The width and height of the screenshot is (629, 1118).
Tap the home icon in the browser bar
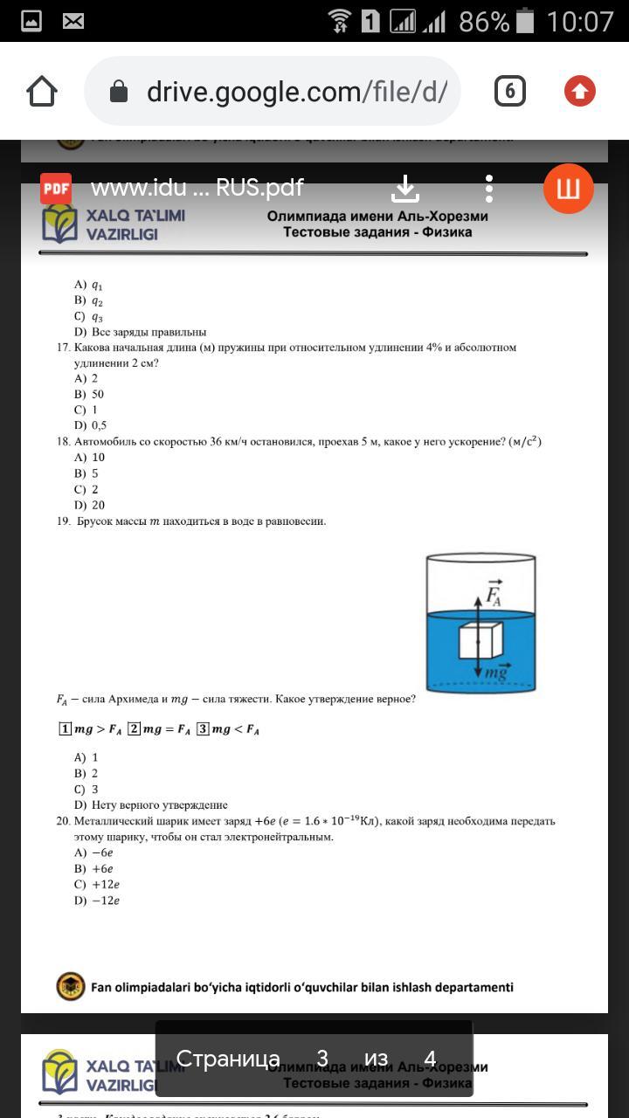coord(42,92)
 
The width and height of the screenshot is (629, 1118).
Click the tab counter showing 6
coord(510,91)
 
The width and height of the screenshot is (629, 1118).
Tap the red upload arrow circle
coord(579,91)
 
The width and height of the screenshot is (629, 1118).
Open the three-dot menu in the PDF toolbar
coord(489,189)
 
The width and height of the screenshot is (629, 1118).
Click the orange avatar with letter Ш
coord(568,189)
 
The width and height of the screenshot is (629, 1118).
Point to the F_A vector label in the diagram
coord(494,594)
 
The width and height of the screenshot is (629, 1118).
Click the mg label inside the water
coord(496,671)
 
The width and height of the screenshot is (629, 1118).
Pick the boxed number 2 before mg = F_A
coord(134,728)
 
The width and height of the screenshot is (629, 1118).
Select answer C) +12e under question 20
coord(96,884)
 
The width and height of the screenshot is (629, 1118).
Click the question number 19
coord(63,521)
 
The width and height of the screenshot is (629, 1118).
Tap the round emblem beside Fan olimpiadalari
coord(70,987)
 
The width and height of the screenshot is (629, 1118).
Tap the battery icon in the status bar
coord(525,21)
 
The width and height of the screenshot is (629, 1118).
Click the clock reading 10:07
coord(580,21)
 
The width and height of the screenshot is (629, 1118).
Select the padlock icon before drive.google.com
coord(120,92)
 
